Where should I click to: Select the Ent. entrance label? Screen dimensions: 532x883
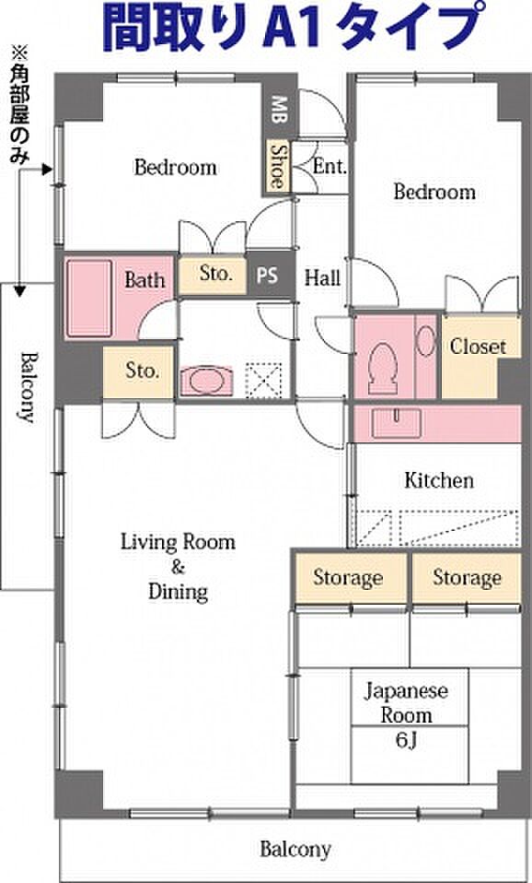330,167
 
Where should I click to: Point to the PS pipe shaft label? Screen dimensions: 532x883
267,277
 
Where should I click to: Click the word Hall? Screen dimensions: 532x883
322,277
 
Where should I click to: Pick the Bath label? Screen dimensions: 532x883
145,280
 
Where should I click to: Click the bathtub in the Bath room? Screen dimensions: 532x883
89,299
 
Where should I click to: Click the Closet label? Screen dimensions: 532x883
478,347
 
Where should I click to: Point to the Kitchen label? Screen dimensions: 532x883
439,481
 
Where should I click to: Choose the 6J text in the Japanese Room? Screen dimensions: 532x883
406,741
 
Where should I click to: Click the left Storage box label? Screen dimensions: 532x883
348,578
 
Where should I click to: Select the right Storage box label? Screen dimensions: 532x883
467,578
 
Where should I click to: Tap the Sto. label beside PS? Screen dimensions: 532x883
215,274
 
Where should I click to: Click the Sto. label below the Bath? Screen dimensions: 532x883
141,371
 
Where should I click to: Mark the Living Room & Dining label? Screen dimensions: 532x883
179,567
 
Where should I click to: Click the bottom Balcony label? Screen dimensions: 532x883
295,849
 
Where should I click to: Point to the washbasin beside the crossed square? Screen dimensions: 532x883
206,381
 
